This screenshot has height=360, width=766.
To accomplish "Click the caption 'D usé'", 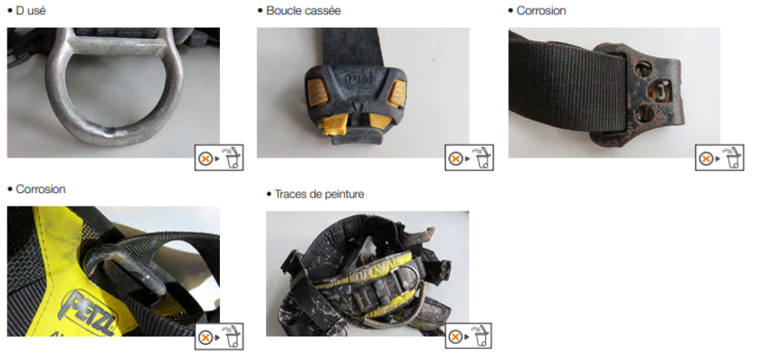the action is (x=31, y=10).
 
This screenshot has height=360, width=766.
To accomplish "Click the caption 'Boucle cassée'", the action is (x=303, y=11).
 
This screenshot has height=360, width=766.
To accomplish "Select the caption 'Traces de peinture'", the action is (x=319, y=194).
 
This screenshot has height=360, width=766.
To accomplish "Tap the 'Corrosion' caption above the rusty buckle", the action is (x=541, y=11).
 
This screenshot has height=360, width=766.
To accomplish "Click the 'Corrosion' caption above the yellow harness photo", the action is (x=40, y=189).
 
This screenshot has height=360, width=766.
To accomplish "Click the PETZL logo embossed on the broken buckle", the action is (x=358, y=78).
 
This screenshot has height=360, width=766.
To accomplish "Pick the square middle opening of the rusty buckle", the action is (x=658, y=91).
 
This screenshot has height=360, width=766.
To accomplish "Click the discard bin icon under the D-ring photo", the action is (x=234, y=157).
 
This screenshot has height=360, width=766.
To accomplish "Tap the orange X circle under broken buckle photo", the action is (x=456, y=159).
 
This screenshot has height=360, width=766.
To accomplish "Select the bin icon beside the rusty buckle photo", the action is (x=734, y=157).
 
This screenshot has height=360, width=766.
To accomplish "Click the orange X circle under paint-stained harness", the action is (x=456, y=337).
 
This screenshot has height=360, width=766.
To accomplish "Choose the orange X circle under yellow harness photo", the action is (x=206, y=337).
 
